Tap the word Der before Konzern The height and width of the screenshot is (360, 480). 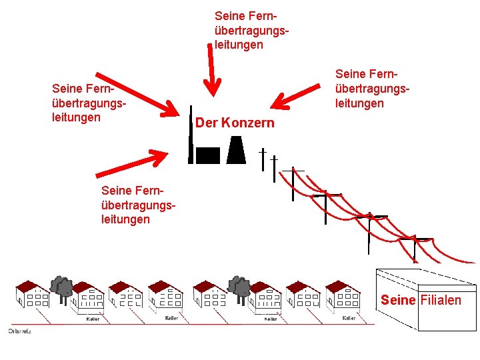click(x=206, y=123)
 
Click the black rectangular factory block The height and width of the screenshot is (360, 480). click(x=207, y=155)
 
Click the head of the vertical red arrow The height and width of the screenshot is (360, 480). click(x=213, y=87)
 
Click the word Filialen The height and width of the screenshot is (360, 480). click(x=441, y=300)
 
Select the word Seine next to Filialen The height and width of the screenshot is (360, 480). click(x=398, y=300)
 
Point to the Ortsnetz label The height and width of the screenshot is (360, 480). click(x=19, y=331)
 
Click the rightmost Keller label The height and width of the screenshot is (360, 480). click(x=349, y=318)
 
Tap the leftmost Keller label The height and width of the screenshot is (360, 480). click(x=93, y=319)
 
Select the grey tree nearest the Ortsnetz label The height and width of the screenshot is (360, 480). click(x=63, y=287)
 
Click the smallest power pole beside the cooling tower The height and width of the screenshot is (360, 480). click(x=263, y=156)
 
